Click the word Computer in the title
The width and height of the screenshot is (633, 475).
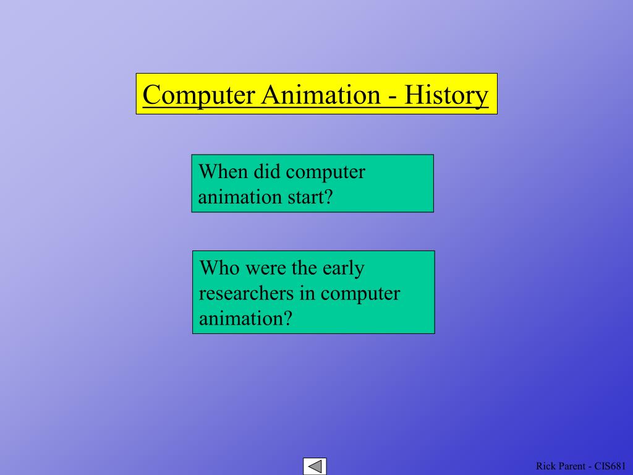pyautogui.click(x=198, y=95)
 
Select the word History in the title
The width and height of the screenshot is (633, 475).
pyautogui.click(x=446, y=95)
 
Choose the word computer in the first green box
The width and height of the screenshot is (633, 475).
pyautogui.click(x=326, y=173)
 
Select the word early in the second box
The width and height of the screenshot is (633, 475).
pyautogui.click(x=343, y=269)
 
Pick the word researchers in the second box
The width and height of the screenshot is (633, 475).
pyautogui.click(x=245, y=293)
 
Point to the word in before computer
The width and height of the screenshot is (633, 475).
pyautogui.click(x=308, y=293)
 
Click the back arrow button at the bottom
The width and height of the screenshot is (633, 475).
pyautogui.click(x=315, y=466)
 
